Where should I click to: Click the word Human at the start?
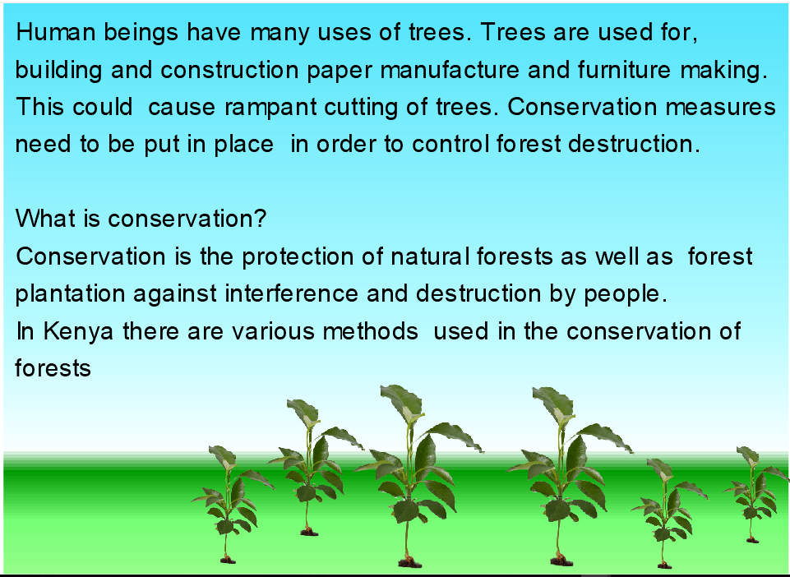tap(56, 33)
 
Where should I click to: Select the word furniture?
tap(624, 70)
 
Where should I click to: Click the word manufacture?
tap(450, 70)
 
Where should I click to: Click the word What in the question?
tap(45, 219)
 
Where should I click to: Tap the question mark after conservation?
tap(260, 219)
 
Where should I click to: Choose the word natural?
tap(430, 256)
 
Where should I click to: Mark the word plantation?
tap(70, 294)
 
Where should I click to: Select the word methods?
tap(370, 331)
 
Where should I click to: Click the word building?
tap(58, 71)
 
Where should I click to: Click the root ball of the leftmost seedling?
tap(228, 559)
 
